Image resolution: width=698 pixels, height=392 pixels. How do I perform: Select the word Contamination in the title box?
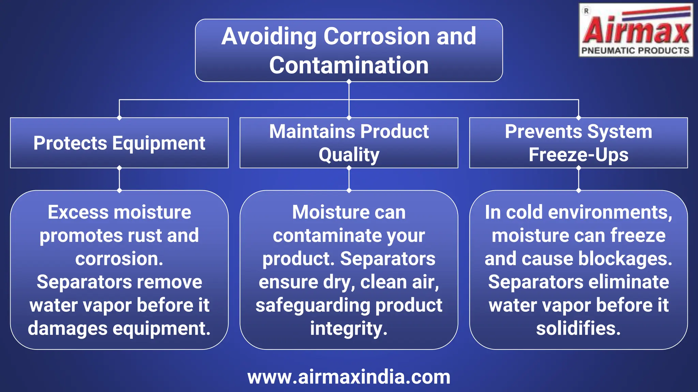(x=349, y=65)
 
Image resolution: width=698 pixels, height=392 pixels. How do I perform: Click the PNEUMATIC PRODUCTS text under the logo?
(x=635, y=51)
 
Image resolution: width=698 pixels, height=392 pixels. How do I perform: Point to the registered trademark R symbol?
(x=586, y=11)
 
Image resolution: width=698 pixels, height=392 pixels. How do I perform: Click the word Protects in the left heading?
(x=70, y=143)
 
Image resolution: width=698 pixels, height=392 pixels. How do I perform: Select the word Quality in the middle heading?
(x=349, y=155)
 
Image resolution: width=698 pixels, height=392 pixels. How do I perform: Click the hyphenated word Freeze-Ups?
(x=578, y=155)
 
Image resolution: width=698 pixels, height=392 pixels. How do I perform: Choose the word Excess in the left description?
(x=78, y=212)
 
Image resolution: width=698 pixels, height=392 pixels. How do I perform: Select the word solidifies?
(x=578, y=329)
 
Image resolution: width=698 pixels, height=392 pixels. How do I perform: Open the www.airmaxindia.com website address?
(x=349, y=377)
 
